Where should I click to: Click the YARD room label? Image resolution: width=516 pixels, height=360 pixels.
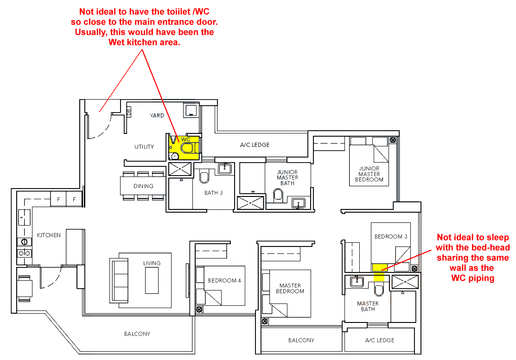click(x=157, y=115)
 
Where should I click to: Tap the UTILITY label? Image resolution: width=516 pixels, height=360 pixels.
click(x=144, y=146)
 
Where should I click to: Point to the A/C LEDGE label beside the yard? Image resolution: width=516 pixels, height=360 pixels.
click(x=255, y=145)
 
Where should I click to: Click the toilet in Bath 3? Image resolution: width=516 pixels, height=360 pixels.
click(x=204, y=177)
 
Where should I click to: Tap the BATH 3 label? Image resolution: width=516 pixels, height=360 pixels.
click(x=214, y=193)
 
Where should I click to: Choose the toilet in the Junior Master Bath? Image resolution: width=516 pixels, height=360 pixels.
click(x=278, y=195)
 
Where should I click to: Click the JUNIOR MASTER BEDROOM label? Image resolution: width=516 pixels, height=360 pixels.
click(x=369, y=174)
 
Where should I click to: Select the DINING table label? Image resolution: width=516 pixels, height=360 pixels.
click(x=143, y=186)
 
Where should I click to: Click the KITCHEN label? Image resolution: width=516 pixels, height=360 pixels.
click(x=49, y=235)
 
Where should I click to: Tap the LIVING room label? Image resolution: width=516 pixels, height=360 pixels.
click(x=152, y=263)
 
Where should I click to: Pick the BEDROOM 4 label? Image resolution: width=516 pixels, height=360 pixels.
click(x=224, y=280)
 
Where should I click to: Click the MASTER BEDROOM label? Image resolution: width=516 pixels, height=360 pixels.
click(x=290, y=288)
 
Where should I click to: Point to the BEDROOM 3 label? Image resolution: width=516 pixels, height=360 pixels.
click(x=391, y=236)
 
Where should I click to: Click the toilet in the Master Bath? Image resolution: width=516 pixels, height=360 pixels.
click(x=379, y=289)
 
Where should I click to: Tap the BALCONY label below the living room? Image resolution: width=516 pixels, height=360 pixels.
click(x=137, y=334)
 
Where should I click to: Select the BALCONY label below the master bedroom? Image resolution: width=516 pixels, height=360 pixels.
click(x=301, y=340)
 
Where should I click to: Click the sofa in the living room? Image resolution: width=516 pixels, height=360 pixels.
click(x=119, y=280)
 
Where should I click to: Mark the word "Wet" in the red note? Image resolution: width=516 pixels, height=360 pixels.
click(x=116, y=43)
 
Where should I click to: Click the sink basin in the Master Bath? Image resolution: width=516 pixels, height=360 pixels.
click(x=357, y=282)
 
